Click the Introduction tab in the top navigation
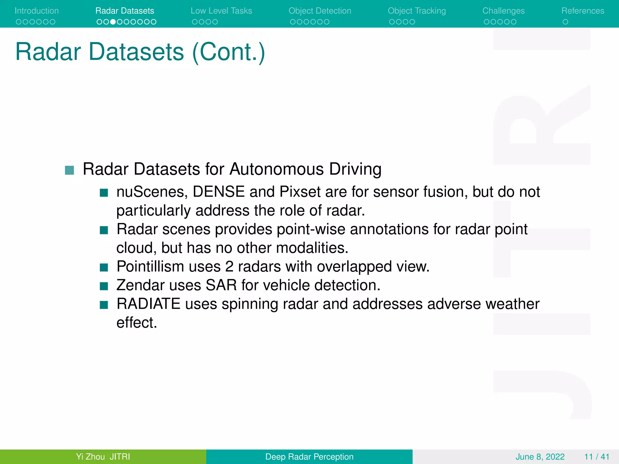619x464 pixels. click(37, 11)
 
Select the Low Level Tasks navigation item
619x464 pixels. click(221, 11)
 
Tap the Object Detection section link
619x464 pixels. click(320, 11)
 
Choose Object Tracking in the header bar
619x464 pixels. click(416, 11)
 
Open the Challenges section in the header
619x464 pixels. click(503, 11)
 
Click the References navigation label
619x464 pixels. click(582, 11)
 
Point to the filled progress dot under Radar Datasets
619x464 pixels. click(113, 22)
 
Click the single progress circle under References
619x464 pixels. click(565, 22)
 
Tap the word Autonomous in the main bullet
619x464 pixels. click(277, 169)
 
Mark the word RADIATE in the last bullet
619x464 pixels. click(148, 304)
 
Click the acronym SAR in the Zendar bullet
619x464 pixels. click(221, 285)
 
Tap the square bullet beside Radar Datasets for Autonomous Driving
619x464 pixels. click(70, 170)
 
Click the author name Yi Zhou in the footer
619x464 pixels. click(90, 456)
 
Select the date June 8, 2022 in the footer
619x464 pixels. click(540, 456)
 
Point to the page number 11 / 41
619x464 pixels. click(597, 456)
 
